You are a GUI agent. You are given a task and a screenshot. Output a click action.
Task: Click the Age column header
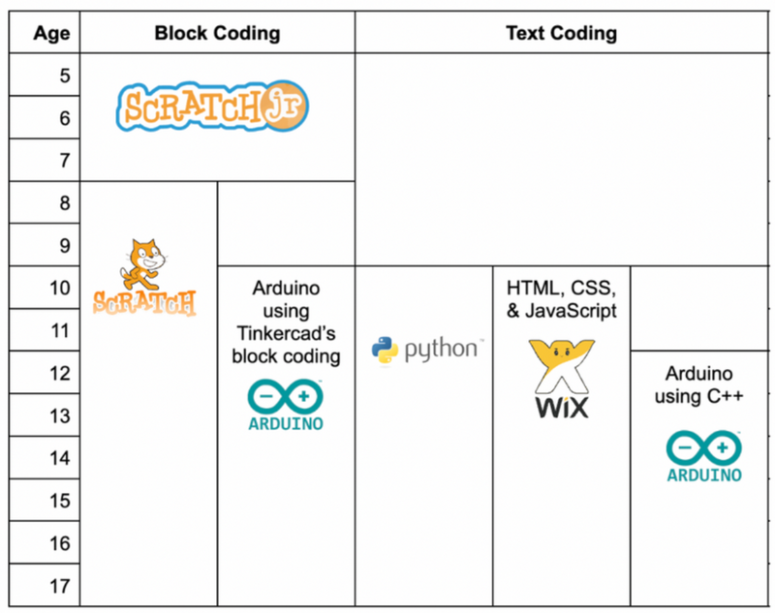[51, 34]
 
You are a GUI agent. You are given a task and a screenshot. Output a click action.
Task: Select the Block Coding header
[217, 33]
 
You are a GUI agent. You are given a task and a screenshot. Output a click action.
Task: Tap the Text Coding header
[562, 33]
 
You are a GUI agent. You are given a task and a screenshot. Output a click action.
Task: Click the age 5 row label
[65, 76]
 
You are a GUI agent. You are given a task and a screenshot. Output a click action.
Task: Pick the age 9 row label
[65, 246]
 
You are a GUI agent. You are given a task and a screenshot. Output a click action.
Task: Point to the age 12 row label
[60, 374]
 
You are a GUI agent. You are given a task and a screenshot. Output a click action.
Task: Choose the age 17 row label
[60, 586]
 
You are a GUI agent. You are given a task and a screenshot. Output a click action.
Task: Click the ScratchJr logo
[212, 107]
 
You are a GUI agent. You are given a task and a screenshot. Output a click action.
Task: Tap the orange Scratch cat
[142, 264]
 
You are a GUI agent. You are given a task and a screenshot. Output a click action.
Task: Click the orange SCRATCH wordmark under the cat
[144, 303]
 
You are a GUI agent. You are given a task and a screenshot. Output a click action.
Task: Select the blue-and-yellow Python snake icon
[385, 351]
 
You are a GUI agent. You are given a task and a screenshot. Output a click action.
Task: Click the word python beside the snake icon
[441, 350]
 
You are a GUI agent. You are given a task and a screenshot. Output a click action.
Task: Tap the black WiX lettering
[562, 408]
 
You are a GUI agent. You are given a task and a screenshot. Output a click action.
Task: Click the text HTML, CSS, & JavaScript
[562, 299]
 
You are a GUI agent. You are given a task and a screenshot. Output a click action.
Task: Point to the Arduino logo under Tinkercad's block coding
[286, 405]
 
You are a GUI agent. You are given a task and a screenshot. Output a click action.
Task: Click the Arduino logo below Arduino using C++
[704, 456]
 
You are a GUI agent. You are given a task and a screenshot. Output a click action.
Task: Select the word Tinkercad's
[286, 333]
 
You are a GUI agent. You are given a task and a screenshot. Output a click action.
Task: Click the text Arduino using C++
[698, 384]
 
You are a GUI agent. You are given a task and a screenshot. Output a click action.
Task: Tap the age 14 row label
[60, 458]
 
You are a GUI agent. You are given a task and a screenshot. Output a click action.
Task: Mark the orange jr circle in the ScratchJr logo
[284, 107]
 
